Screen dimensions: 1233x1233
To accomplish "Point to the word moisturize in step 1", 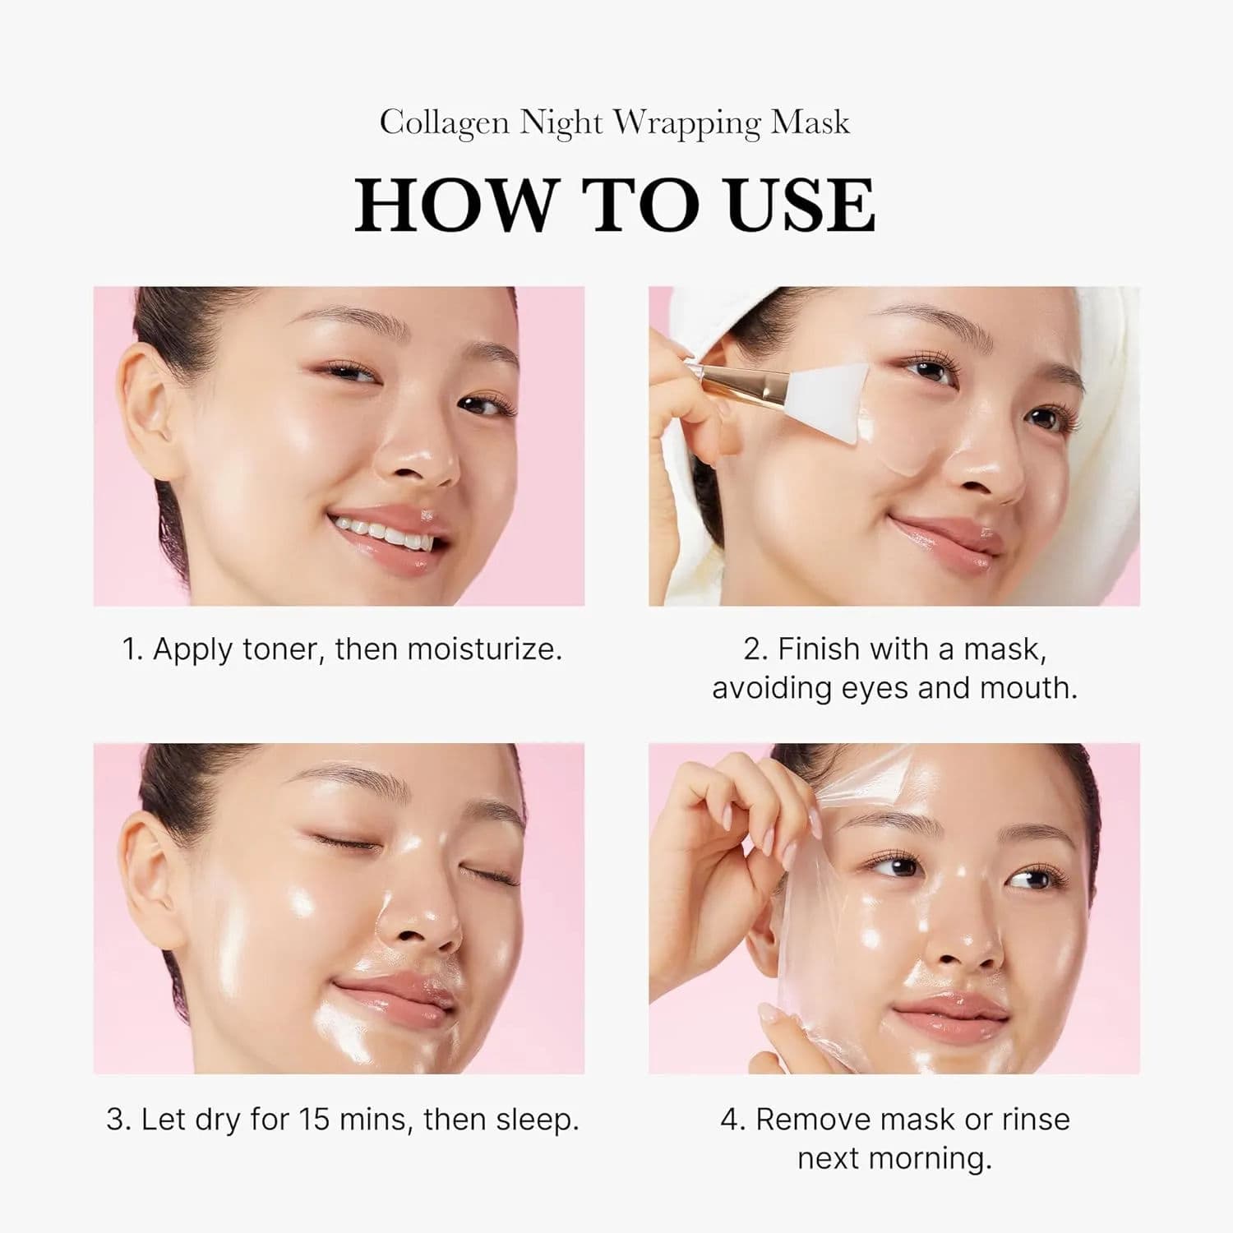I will coord(484,649).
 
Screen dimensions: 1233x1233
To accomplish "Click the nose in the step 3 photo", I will coord(415,921).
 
